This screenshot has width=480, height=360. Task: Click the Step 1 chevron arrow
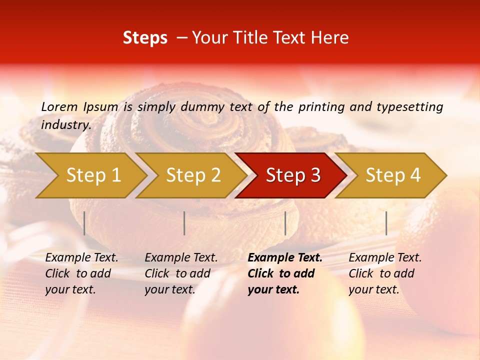click(x=92, y=175)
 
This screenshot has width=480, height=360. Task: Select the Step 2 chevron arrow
click(x=192, y=175)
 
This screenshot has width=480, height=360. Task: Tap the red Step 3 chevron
click(x=292, y=175)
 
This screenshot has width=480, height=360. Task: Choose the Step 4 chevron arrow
click(x=392, y=175)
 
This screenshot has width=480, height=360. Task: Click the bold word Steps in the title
click(x=145, y=38)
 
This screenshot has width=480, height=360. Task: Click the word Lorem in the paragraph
click(x=59, y=106)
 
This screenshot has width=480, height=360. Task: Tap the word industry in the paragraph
click(x=66, y=124)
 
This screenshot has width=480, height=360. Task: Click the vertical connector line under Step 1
click(x=84, y=223)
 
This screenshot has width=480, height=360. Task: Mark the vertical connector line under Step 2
click(x=184, y=223)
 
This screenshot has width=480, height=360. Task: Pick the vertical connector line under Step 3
click(x=285, y=223)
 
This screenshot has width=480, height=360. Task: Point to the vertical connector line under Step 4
click(x=386, y=223)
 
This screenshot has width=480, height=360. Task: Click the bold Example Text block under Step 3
click(x=284, y=273)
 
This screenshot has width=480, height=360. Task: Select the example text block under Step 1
click(x=81, y=273)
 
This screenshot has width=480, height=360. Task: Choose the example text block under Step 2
click(x=180, y=273)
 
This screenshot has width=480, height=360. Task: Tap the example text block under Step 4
click(x=384, y=273)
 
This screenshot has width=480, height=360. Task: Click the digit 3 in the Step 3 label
click(x=315, y=175)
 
